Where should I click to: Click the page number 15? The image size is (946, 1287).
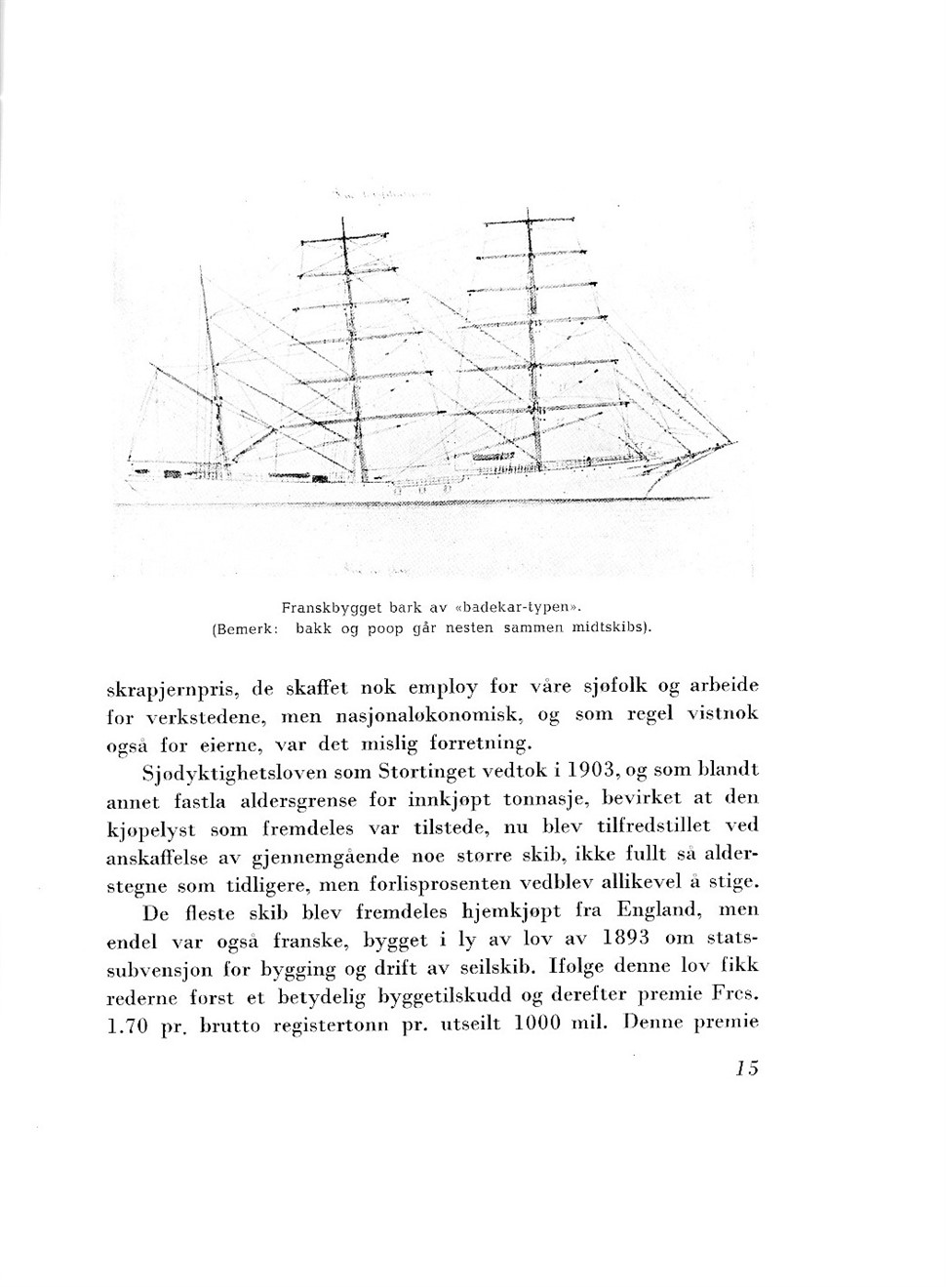click(747, 1067)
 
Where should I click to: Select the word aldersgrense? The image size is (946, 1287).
click(301, 799)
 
